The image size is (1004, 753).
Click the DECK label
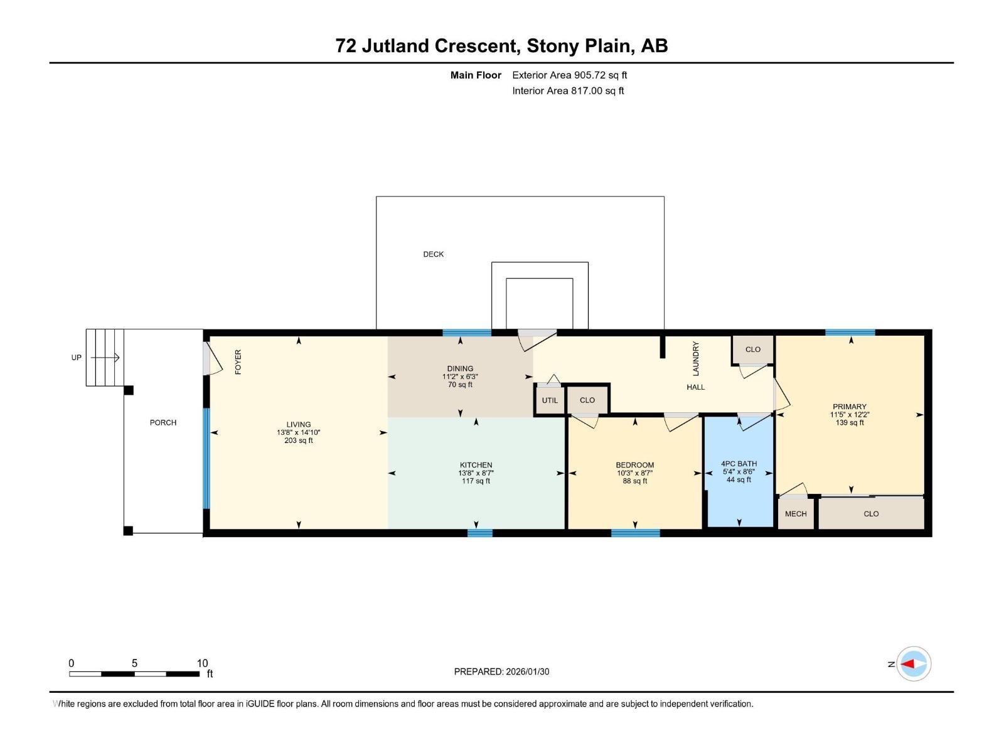point(433,254)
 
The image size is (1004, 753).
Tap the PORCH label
point(163,422)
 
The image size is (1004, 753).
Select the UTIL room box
point(550,400)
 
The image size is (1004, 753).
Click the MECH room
point(796,513)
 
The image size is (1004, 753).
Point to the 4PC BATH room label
point(739,464)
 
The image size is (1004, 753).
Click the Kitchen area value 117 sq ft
point(476,481)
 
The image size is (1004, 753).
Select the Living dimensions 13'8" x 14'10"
point(299,432)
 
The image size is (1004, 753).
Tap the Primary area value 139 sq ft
point(850,423)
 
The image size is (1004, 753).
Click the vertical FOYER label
point(238,362)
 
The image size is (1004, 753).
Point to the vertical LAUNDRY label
point(695,358)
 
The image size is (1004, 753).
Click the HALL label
point(695,387)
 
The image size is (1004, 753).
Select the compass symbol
point(914,664)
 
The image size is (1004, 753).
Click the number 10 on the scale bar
point(202,663)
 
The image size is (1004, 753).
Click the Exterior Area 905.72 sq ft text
point(569,75)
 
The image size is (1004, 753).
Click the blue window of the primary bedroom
point(850,333)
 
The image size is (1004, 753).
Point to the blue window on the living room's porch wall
point(206,458)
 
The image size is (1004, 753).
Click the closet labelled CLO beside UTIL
point(587,400)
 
